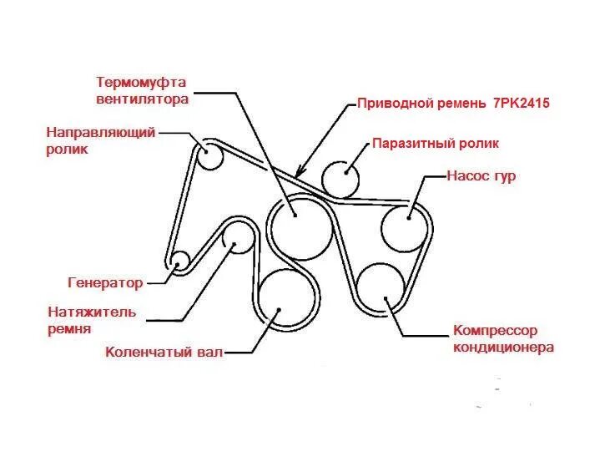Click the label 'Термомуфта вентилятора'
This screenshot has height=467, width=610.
(x=142, y=91)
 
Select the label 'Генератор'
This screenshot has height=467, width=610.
(x=104, y=282)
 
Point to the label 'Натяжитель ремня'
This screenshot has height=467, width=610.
(x=93, y=321)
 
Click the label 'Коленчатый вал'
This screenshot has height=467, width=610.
(x=164, y=352)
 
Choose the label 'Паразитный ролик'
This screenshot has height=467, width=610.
(x=435, y=143)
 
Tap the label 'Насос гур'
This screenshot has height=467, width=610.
(x=481, y=176)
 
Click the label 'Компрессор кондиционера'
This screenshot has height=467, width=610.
(x=503, y=339)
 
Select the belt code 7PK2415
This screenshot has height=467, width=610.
(x=518, y=104)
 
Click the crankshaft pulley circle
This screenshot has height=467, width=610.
(x=288, y=300)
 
